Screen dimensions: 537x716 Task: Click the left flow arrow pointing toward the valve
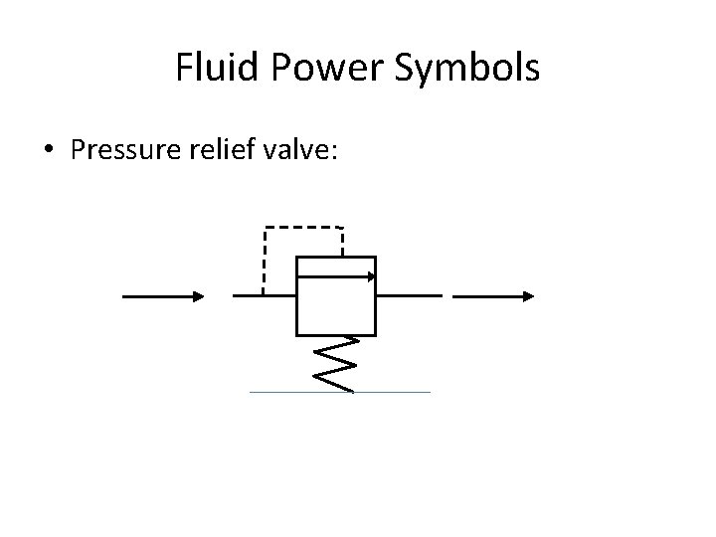(163, 295)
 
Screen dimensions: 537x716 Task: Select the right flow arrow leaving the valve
(494, 295)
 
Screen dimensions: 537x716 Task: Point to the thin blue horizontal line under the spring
(339, 392)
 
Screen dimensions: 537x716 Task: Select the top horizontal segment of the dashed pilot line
(303, 228)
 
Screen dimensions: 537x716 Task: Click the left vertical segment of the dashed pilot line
(264, 261)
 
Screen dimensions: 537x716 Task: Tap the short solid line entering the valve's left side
(264, 295)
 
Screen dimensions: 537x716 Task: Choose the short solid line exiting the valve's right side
(409, 295)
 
